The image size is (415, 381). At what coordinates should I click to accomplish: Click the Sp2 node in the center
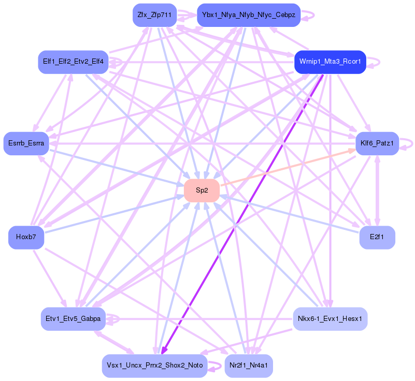202,190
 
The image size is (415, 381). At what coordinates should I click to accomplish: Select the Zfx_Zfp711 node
155,15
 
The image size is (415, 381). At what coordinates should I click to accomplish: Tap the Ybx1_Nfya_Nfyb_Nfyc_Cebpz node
249,15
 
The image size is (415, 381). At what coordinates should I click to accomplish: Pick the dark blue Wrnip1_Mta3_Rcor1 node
330,62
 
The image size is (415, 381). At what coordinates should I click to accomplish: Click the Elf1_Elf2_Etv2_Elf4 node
73,62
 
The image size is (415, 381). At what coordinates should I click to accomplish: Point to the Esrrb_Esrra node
26,143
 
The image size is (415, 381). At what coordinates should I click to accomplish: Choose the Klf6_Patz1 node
377,143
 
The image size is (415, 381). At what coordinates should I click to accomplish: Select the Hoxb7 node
25,238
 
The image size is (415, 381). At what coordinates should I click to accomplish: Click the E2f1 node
377,238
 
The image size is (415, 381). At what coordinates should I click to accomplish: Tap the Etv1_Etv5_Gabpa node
73,318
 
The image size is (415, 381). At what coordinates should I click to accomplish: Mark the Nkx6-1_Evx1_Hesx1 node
330,318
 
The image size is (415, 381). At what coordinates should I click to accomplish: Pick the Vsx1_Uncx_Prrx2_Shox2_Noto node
154,365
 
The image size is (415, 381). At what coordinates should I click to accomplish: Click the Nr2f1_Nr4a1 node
249,365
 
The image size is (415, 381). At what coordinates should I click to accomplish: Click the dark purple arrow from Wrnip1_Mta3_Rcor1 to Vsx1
244,207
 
